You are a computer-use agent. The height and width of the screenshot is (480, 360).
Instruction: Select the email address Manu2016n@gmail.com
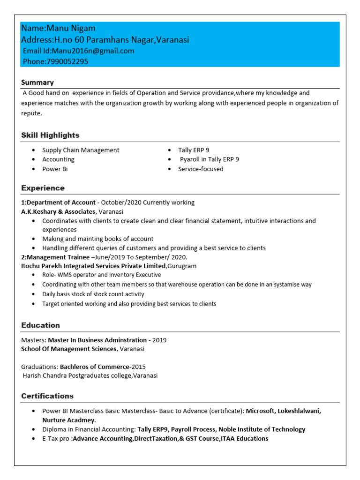(93, 51)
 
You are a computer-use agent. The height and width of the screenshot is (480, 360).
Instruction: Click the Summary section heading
(37, 82)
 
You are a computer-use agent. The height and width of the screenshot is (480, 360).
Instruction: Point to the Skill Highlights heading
(50, 135)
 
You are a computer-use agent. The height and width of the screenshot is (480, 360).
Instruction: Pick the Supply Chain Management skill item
(81, 150)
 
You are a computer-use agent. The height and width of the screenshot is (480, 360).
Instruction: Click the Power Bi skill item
(55, 169)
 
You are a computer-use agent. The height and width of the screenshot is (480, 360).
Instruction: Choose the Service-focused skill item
(201, 169)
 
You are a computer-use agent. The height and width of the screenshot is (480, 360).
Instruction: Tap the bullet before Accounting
(33, 159)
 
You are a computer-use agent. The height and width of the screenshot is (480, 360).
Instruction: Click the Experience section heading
(43, 188)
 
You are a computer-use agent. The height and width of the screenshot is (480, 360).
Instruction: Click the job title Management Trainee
(58, 257)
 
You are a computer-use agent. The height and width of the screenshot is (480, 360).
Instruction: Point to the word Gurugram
(182, 266)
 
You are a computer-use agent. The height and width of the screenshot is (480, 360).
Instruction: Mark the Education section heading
(40, 325)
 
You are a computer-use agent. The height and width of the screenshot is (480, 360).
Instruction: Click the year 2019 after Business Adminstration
(159, 340)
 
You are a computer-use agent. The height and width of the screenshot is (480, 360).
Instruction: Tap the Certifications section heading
(47, 396)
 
